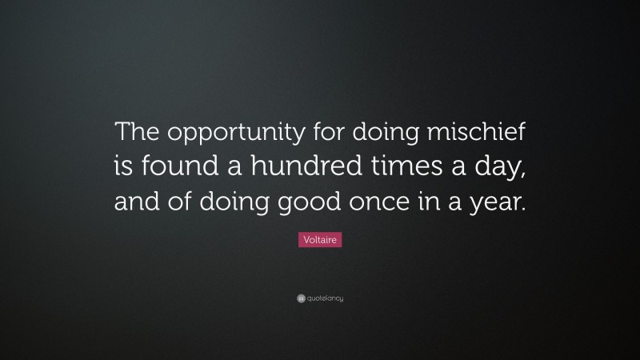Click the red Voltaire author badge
[x=319, y=239]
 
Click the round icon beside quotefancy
[x=301, y=298]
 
